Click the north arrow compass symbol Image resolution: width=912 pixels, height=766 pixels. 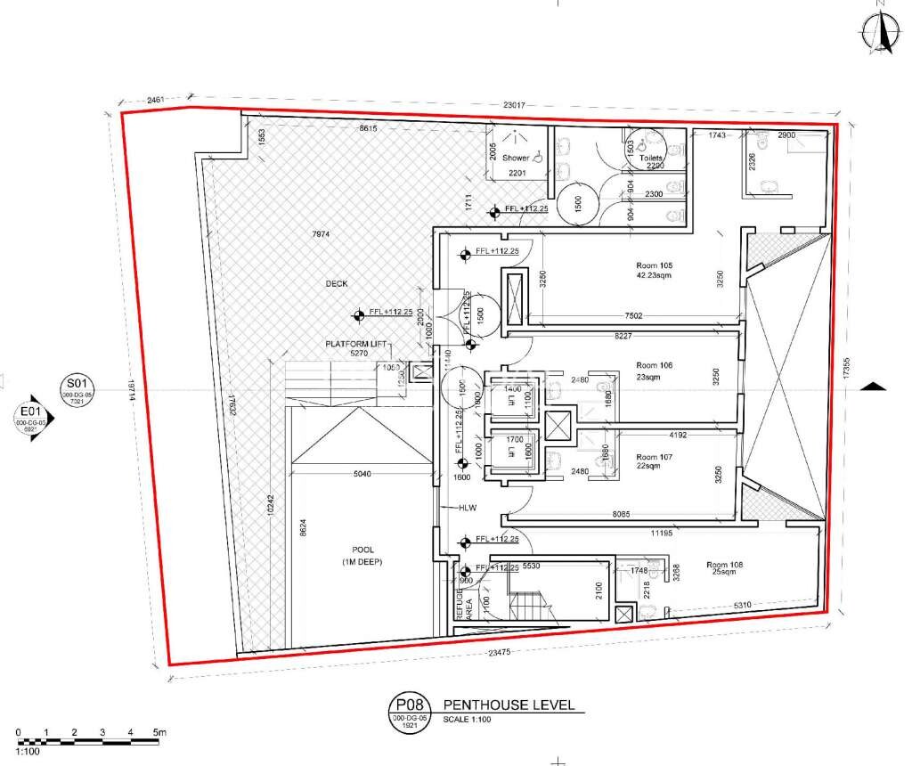tap(881, 32)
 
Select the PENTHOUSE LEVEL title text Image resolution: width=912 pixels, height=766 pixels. tap(509, 706)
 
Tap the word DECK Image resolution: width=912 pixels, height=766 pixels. tap(337, 283)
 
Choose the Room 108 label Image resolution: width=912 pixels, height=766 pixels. tap(724, 565)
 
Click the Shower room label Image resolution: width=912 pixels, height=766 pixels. tap(516, 158)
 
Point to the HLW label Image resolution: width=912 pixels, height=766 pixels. tap(468, 508)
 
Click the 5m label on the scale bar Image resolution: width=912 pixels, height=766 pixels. tap(160, 732)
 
